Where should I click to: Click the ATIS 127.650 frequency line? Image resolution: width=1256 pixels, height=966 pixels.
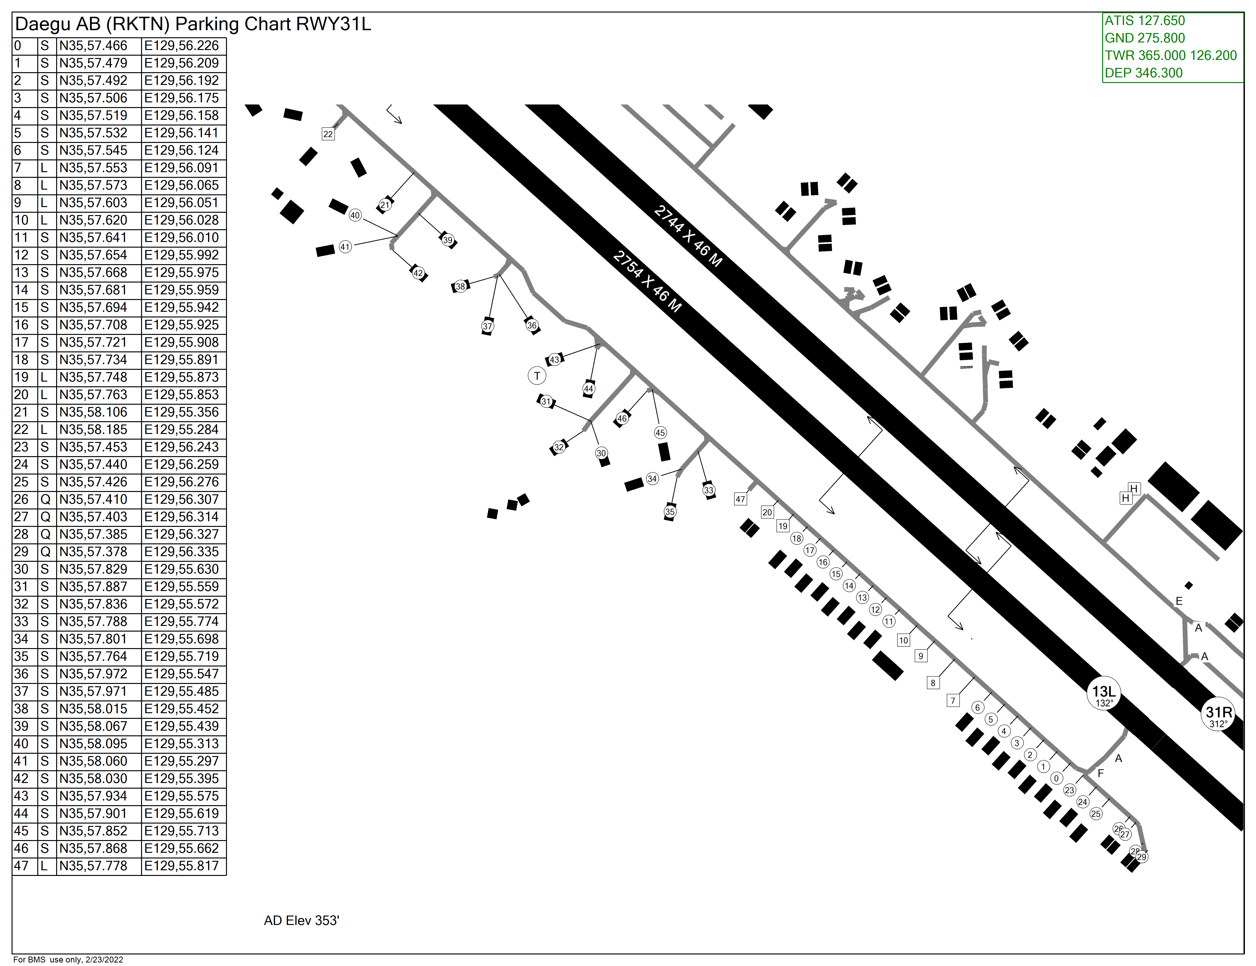[x=1144, y=21]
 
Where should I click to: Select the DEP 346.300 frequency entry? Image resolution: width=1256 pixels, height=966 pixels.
[x=1143, y=73]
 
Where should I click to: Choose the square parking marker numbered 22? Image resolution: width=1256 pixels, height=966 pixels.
[x=328, y=134]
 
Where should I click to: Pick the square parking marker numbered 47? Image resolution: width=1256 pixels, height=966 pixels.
[x=740, y=499]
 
